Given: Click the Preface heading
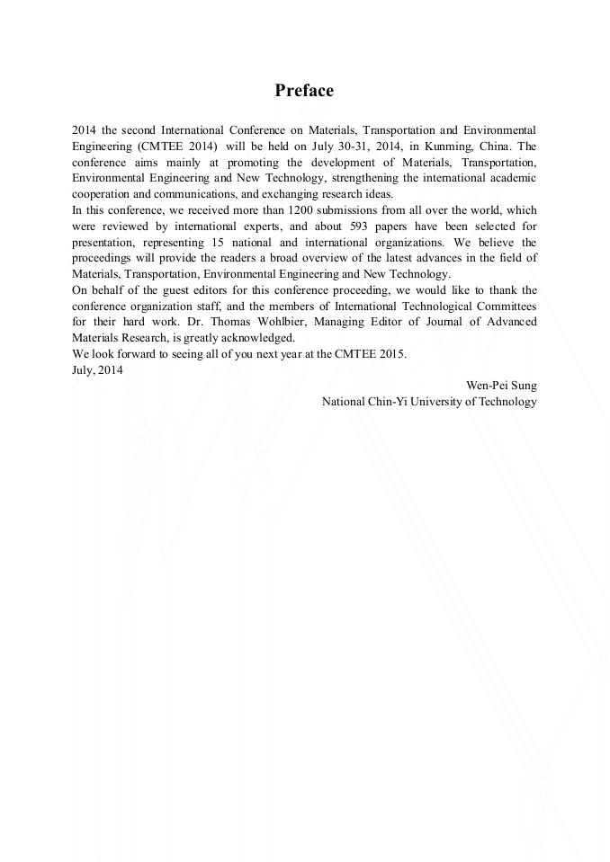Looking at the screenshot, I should [x=304, y=91].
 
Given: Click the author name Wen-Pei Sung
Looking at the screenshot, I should [x=500, y=386].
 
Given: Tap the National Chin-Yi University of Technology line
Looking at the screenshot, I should [x=429, y=402].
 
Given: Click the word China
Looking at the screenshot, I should [x=496, y=146].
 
